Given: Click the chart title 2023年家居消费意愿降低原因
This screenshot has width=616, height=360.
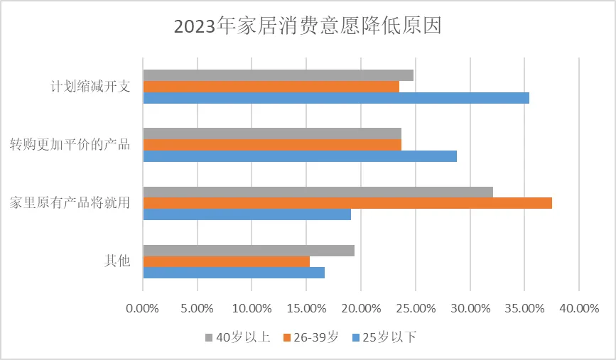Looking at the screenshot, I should [308, 26].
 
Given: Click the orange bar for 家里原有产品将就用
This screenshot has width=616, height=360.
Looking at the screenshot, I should [347, 203].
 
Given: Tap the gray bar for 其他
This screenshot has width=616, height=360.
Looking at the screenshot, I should [249, 250].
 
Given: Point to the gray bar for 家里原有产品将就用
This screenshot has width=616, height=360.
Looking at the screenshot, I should [318, 192].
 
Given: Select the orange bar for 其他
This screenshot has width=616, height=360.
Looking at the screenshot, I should [227, 261].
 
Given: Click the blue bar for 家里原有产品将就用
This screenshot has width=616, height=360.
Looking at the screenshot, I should [247, 214].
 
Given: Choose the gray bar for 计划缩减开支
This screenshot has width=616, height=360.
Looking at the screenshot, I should [278, 75].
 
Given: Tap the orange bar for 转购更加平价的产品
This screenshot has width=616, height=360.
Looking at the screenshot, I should [272, 145].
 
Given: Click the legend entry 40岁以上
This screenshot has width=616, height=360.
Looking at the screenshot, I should [237, 337].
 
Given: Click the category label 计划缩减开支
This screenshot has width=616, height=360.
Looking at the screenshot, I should [90, 87].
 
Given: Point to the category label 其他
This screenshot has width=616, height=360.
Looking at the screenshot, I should [117, 261].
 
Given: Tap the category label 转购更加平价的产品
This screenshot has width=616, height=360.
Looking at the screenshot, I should [70, 145].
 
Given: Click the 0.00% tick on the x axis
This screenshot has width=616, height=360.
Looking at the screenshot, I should [143, 308].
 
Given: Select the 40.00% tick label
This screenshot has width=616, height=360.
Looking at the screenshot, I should [578, 308].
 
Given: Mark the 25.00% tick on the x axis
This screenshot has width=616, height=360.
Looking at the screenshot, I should [415, 308].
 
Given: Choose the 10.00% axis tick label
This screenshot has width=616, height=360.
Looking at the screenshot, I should [252, 308].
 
